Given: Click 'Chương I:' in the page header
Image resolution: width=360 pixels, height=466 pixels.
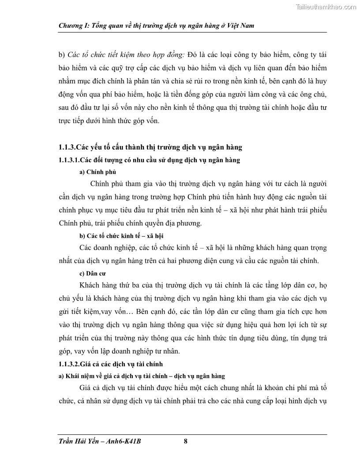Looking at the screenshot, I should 73,26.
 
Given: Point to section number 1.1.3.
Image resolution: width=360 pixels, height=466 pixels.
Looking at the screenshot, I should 68,147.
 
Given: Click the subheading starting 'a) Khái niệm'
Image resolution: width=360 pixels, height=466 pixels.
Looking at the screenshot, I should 142,376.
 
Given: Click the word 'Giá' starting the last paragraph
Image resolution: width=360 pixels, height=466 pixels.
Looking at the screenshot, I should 86,388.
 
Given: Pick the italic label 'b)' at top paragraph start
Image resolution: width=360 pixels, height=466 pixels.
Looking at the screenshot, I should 62,55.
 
